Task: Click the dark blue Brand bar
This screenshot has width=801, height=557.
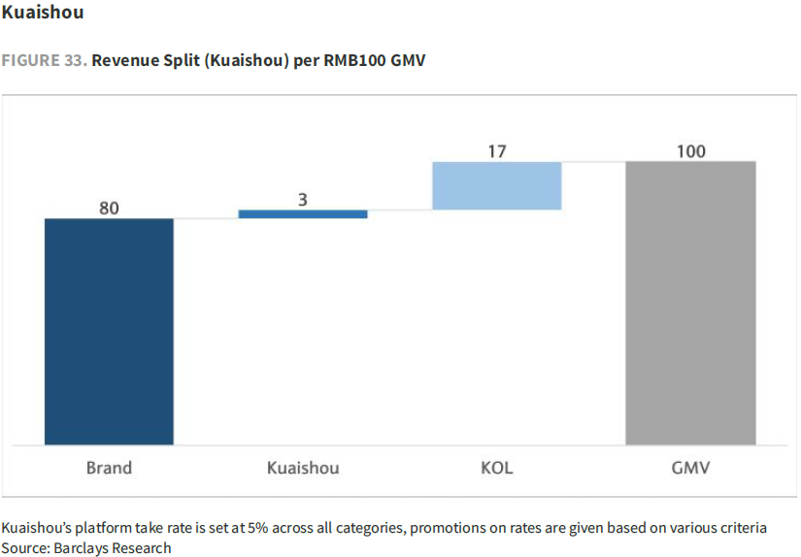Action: coord(109,331)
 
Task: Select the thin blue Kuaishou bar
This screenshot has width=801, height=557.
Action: coord(303,213)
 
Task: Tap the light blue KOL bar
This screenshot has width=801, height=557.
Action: coord(497,185)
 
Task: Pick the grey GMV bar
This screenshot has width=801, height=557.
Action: coord(690,302)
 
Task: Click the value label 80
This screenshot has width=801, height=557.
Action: coord(109,208)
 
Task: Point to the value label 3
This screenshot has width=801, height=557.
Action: coord(303,199)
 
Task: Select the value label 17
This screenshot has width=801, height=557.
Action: coord(497,151)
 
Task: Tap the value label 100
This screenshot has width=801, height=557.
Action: coord(691,151)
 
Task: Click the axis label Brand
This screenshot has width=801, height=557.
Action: coord(109,468)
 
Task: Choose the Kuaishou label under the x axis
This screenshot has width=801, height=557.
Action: coord(303,468)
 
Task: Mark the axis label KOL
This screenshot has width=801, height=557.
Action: coord(497,468)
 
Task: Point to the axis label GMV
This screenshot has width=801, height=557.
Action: coord(691,468)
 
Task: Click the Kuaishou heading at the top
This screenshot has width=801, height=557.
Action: coord(43,13)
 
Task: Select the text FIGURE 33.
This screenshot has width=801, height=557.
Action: coord(44,60)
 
